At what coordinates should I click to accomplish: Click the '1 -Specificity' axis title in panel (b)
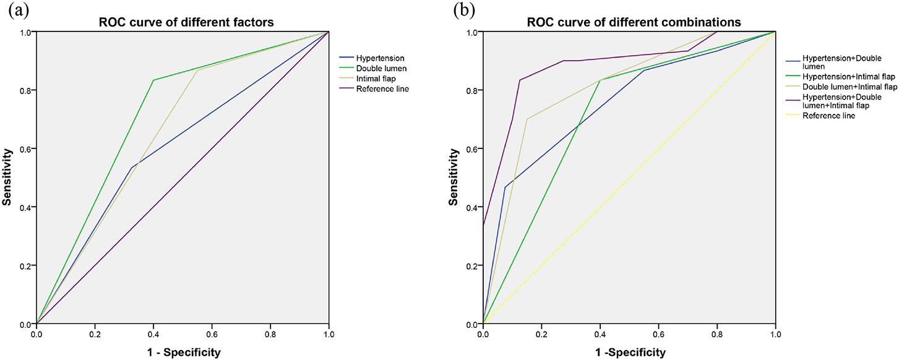click(629, 353)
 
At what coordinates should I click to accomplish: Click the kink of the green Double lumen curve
click(153, 80)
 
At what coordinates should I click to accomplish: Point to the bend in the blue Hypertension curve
click(131, 168)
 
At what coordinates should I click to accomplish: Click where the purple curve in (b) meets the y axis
click(483, 226)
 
